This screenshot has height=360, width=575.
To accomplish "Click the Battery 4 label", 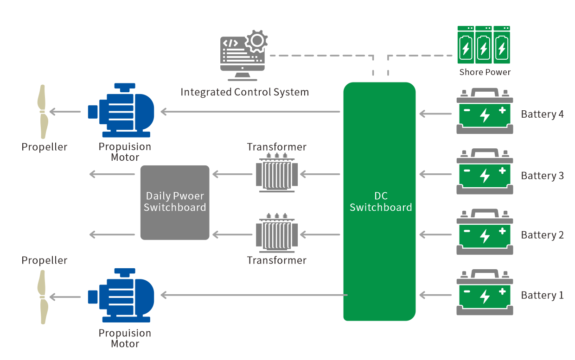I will (x=542, y=114).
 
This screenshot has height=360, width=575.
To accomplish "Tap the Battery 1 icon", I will (x=485, y=293).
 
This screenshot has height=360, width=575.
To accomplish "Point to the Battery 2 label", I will (x=542, y=235).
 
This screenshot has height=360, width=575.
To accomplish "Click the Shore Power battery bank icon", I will (x=483, y=45).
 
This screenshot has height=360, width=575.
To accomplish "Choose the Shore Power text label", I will (x=485, y=72).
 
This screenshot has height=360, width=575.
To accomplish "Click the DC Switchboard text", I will (x=380, y=202).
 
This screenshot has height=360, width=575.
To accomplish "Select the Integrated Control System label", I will (x=244, y=92).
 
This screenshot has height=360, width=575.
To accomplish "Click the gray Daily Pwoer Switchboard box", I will (x=175, y=202).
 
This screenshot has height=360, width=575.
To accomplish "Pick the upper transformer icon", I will (x=276, y=173).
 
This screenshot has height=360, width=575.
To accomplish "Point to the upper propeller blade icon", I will (x=43, y=112).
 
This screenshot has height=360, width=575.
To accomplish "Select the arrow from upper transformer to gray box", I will (x=232, y=174).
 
